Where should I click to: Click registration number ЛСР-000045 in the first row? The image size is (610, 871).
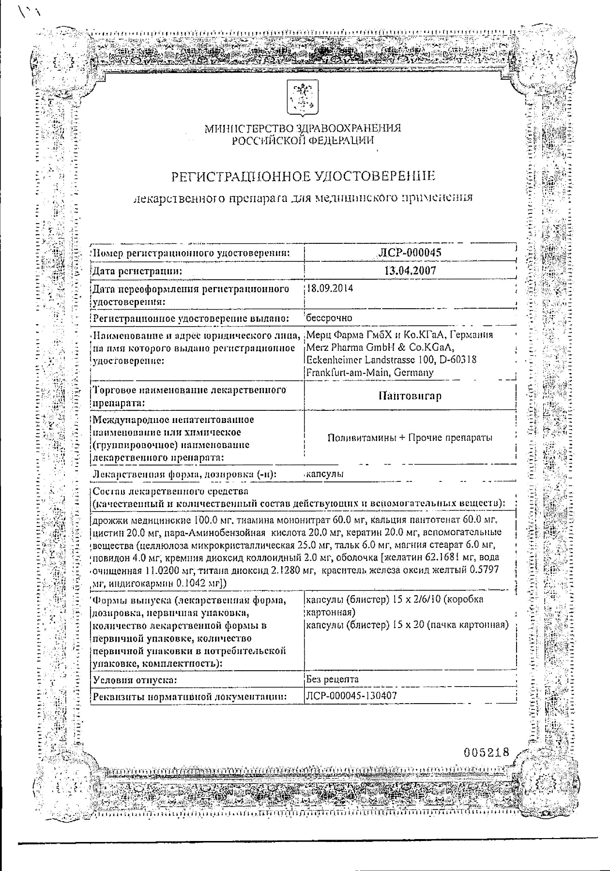coord(410,253)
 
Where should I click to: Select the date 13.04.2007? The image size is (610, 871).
coord(410,270)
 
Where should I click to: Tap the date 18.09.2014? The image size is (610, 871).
coord(330,289)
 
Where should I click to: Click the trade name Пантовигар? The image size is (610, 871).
coord(410,396)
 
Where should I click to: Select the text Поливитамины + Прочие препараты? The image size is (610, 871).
coord(410,438)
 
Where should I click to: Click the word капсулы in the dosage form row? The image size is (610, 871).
coord(325,474)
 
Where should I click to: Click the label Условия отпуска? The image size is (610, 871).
coord(135,680)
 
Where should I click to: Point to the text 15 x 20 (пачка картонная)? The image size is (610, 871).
coord(449,625)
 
